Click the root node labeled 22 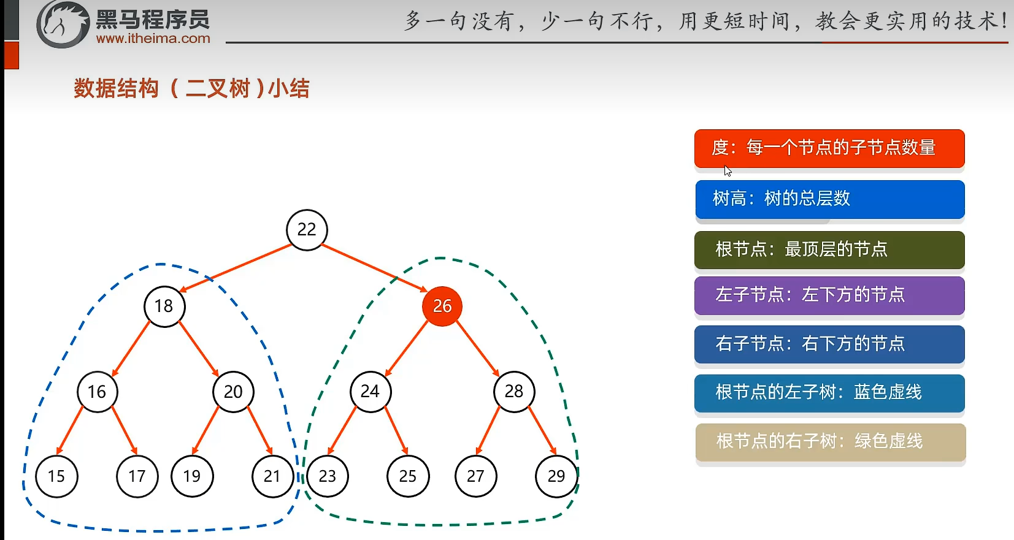[x=307, y=230]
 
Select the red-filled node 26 [x=442, y=306]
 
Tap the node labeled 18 [x=164, y=306]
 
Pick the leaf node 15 [x=56, y=476]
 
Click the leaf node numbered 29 [x=556, y=476]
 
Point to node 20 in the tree [x=233, y=392]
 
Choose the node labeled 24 [x=371, y=391]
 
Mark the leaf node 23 [x=328, y=476]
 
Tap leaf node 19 [x=192, y=476]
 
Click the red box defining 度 [x=829, y=148]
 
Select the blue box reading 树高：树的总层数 [x=829, y=199]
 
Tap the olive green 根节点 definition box [x=829, y=249]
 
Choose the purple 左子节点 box [x=829, y=295]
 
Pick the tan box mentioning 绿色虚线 [x=830, y=442]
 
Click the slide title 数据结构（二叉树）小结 [x=191, y=88]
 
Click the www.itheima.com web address [x=153, y=39]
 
